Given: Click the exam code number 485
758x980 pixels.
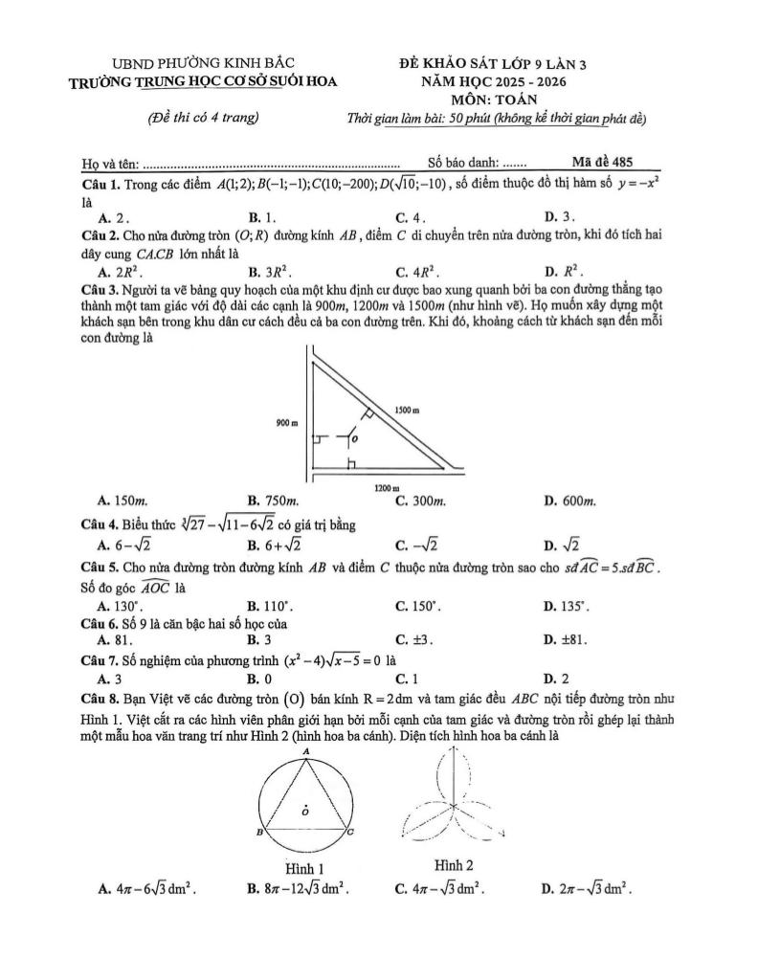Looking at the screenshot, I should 620,163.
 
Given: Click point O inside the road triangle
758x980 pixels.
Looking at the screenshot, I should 355,440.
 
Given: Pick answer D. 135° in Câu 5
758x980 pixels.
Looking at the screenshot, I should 564,606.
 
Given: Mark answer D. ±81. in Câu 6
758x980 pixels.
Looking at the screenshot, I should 565,638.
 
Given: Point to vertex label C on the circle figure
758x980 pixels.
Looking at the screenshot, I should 351,834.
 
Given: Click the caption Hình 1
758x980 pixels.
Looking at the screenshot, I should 307,867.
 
